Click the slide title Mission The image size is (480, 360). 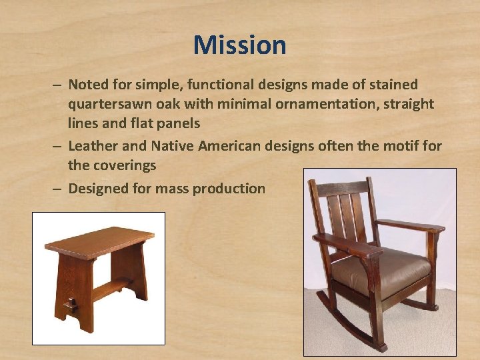click(239, 45)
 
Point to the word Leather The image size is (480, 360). click(94, 145)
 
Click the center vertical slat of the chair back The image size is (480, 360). click(345, 217)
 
